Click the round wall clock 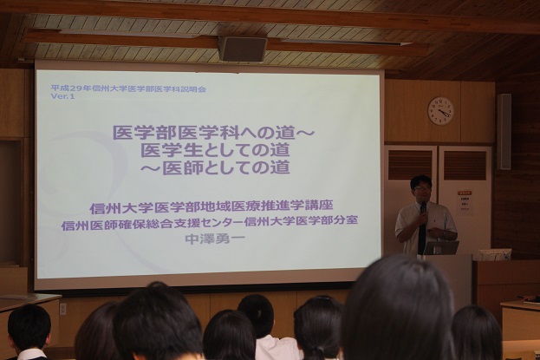pos(440,110)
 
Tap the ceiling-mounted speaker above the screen pos(243,49)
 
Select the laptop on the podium pos(440,247)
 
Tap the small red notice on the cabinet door pos(465,200)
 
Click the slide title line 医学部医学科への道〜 pos(213,133)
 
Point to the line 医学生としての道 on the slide pos(213,149)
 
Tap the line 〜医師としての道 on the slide pos(213,167)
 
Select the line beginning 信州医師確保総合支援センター pos(211,221)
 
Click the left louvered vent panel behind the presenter pos(410,165)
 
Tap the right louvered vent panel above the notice pos(465,165)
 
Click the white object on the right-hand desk pos(491,254)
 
